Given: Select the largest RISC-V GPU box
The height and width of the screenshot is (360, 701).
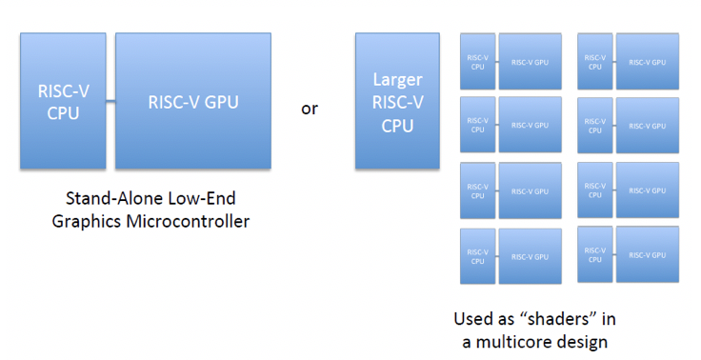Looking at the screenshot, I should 192,101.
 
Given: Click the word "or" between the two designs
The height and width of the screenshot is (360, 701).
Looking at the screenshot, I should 310,109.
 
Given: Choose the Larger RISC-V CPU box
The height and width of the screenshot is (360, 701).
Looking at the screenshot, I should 398,101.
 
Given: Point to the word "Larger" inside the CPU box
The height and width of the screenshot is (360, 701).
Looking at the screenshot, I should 398,79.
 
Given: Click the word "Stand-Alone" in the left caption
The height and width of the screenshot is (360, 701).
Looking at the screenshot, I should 110,200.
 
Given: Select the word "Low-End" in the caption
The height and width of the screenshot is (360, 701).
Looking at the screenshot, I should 201,200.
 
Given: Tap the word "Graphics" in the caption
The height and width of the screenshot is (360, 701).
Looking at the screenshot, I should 99,222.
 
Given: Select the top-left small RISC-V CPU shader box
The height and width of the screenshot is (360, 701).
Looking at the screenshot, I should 477,62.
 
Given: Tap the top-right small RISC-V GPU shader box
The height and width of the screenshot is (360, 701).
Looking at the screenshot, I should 648,62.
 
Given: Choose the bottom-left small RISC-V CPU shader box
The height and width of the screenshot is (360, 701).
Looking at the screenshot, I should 477,256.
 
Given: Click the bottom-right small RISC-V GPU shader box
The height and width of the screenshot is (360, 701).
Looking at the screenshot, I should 648,253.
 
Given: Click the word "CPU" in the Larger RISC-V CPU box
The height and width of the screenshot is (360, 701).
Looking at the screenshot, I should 398,125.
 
